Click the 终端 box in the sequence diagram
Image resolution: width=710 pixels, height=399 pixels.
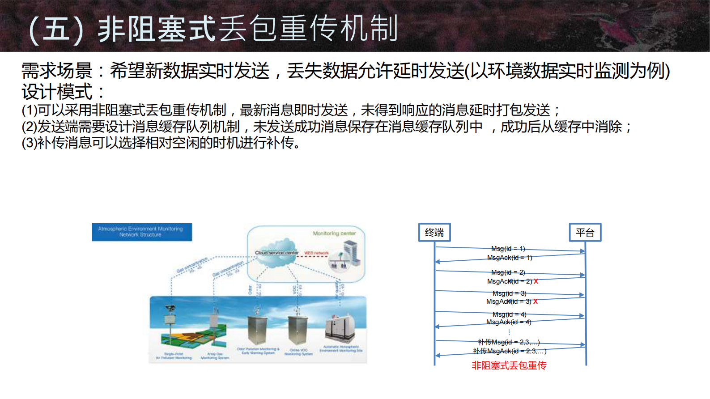click(x=434, y=233)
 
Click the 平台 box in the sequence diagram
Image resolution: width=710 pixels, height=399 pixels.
click(x=585, y=233)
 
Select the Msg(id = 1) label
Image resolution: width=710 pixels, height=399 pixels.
click(x=508, y=249)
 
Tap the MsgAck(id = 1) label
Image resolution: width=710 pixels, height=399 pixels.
click(x=510, y=258)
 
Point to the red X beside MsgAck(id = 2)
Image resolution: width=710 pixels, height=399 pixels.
click(x=536, y=281)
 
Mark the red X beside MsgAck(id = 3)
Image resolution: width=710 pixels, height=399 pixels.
click(x=536, y=301)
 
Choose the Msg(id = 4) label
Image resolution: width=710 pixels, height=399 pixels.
click(x=509, y=314)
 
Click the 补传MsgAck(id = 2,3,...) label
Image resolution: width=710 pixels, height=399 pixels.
click(x=510, y=351)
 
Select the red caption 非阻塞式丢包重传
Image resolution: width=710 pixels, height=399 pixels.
click(x=509, y=365)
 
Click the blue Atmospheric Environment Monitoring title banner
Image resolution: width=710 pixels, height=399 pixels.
click(x=141, y=232)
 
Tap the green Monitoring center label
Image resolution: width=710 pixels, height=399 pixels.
click(x=334, y=233)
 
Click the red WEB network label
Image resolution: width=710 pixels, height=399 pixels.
click(x=316, y=253)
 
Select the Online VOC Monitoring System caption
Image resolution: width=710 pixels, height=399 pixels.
click(x=298, y=352)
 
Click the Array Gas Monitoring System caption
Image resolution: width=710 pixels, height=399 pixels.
click(x=215, y=356)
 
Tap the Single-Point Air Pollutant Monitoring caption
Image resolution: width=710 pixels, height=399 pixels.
click(x=174, y=356)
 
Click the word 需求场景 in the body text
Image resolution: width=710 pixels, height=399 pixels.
click(x=57, y=71)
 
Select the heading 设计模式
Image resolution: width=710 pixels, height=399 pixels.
click(x=57, y=92)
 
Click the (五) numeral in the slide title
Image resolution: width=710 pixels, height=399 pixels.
click(x=56, y=29)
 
